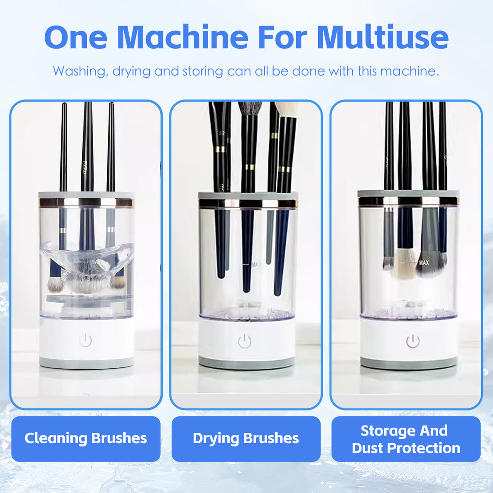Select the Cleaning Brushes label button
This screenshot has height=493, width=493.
(86, 439)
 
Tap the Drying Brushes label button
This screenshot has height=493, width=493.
(246, 439)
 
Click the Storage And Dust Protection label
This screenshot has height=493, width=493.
(406, 439)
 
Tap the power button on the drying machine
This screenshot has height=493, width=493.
(245, 341)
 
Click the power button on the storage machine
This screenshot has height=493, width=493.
(413, 341)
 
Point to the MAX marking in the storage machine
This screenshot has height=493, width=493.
(424, 263)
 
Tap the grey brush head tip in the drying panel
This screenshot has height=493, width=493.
(250, 108)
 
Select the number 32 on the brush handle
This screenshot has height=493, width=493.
(222, 133)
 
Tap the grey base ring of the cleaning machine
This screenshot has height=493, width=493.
(86, 363)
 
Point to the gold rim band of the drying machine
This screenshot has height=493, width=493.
(248, 204)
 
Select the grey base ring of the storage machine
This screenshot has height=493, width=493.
(408, 364)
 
